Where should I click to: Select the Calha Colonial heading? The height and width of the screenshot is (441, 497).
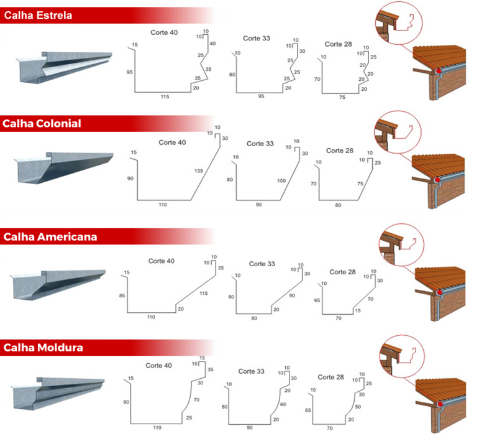(x=42, y=123)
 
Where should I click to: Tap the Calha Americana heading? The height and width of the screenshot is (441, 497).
(x=50, y=237)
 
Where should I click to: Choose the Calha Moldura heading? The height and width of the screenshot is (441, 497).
(x=43, y=347)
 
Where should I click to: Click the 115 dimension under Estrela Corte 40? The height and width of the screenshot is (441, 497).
(x=165, y=97)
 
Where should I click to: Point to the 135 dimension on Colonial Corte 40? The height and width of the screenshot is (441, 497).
(x=199, y=170)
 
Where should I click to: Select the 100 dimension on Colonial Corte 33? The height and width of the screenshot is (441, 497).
(x=281, y=180)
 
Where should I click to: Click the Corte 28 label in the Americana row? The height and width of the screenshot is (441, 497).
(x=342, y=272)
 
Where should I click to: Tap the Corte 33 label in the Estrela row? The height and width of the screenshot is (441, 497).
(x=257, y=39)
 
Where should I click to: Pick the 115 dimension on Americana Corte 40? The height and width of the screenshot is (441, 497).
(x=203, y=292)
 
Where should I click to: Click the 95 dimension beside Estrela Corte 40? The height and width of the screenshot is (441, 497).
(x=129, y=72)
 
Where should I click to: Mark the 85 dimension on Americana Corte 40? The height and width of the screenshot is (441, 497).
(x=122, y=295)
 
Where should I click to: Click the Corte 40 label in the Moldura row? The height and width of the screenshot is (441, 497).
(x=158, y=365)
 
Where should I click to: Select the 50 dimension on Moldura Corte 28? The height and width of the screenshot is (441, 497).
(x=358, y=406)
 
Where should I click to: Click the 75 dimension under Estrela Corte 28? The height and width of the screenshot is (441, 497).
(x=342, y=97)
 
